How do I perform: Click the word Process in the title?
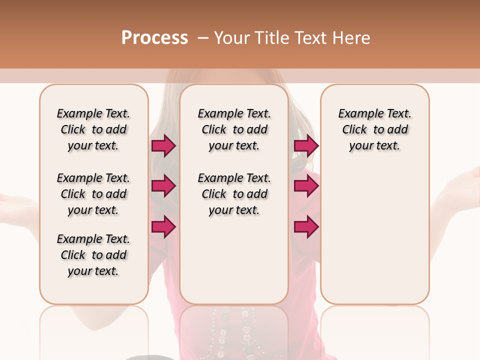coord(154,37)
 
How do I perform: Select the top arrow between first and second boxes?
coord(163,145)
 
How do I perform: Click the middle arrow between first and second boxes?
coord(163,186)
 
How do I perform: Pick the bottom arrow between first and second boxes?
coord(163,227)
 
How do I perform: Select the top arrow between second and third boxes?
coord(306,145)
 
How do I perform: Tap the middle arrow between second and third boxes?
coord(306,186)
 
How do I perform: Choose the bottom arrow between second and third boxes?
coord(306,227)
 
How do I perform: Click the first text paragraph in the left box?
coord(93,129)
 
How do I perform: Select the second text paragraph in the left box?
coord(93,194)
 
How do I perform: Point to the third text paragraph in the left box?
coord(93,255)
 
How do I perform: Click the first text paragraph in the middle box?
coord(234,129)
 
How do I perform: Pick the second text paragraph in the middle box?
coord(234,194)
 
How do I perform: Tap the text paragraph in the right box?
coord(374,129)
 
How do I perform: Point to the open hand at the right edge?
coord(462,185)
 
